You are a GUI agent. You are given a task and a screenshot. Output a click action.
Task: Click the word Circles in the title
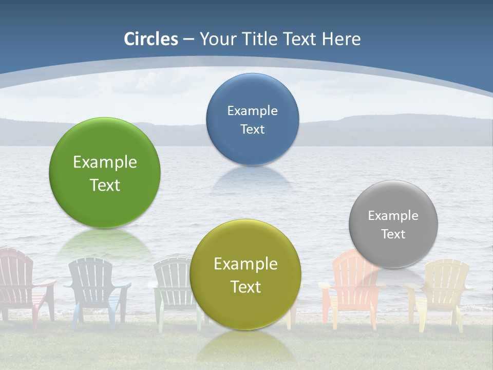pos(151,39)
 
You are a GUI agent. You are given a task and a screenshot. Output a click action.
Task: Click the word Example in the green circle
pos(105,162)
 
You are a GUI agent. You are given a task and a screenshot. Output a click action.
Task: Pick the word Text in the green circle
pos(105,185)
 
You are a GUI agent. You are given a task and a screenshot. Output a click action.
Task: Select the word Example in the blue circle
pos(252,111)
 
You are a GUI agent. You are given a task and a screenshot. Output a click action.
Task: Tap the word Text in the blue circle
pos(252,129)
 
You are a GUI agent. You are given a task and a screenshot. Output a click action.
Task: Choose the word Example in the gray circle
pos(393,216)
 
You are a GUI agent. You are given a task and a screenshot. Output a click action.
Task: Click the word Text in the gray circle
pos(393,234)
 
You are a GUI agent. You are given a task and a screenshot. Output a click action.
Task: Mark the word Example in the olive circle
pos(245,264)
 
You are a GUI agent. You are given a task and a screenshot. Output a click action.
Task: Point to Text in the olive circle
pos(245,287)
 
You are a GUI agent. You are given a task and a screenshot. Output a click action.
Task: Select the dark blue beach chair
pos(95,288)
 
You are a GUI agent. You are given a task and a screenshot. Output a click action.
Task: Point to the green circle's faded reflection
pos(105,244)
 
